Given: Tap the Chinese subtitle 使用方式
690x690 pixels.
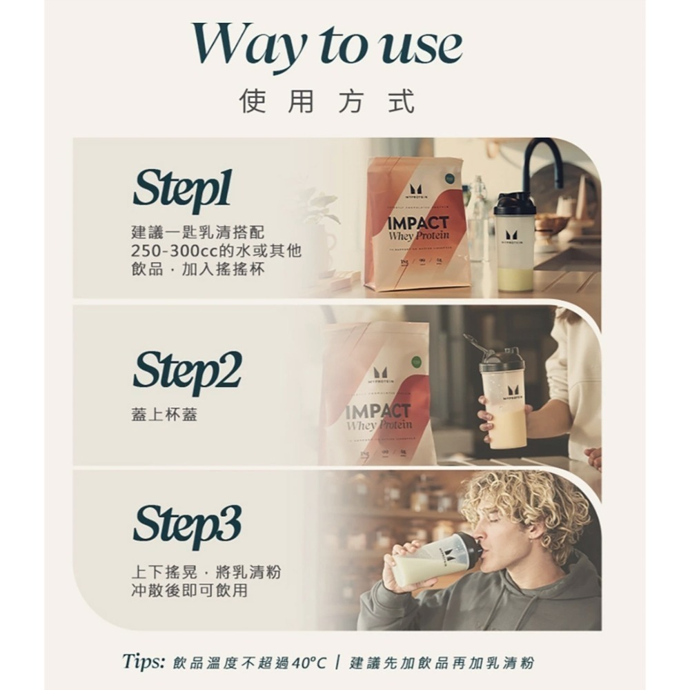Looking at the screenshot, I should point(327,101).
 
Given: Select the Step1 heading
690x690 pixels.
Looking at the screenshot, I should point(182,189).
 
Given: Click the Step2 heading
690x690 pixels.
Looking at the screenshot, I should point(186,371).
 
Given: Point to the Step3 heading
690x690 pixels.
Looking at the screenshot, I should point(186,524).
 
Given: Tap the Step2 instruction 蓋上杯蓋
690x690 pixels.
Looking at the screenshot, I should point(164,415).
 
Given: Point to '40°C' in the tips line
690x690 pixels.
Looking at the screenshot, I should point(307,663).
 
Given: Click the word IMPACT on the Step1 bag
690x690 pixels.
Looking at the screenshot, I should point(417,223).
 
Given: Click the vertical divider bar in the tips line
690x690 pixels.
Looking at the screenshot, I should point(337,663).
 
